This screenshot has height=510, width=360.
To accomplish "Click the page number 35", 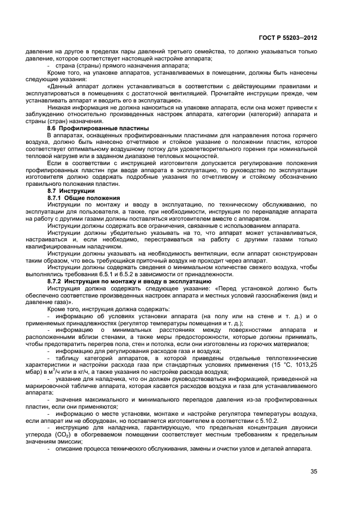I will tap(313, 471).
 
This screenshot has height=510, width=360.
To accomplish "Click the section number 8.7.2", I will tap(57, 281).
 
